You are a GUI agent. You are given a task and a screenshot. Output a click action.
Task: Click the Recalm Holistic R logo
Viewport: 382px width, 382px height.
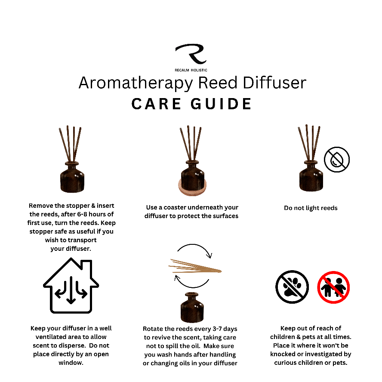click(x=191, y=55)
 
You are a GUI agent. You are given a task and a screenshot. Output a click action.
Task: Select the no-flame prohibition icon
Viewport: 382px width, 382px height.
click(x=336, y=159)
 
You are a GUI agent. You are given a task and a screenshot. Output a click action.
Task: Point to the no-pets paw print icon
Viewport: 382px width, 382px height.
click(x=292, y=286)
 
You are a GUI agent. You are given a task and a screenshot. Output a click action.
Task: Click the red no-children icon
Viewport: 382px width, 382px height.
click(x=334, y=287)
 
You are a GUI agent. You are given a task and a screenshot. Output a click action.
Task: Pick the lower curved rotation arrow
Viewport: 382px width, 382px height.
click(x=192, y=282)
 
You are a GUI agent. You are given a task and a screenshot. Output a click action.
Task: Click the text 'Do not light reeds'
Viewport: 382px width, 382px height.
click(x=311, y=208)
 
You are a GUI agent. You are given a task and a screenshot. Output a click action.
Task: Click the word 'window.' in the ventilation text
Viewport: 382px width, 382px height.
click(x=71, y=362)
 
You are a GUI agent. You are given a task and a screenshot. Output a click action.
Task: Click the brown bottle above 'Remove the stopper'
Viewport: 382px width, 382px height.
click(x=71, y=176)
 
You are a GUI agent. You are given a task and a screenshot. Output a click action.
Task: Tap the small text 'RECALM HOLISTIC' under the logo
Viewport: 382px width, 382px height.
click(x=191, y=70)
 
